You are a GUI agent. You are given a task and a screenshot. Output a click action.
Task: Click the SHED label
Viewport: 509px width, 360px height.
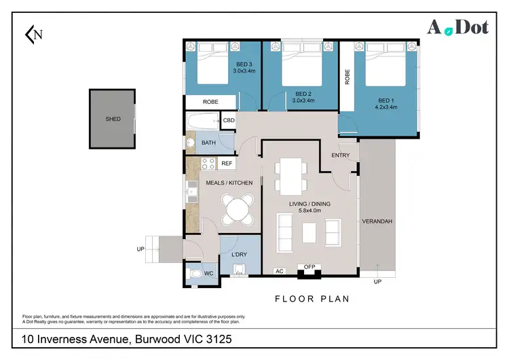(x=113, y=119)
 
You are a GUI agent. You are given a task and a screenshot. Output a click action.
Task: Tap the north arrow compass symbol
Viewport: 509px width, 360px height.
(x=33, y=34)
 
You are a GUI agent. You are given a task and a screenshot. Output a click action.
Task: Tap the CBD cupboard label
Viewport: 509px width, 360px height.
(x=229, y=121)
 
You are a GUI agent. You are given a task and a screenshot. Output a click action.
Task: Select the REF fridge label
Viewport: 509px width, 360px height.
(x=227, y=164)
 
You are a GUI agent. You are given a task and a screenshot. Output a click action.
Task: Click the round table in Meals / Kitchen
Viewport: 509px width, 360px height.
(x=239, y=209)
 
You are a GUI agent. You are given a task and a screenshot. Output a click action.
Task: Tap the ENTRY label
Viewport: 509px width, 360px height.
(x=340, y=156)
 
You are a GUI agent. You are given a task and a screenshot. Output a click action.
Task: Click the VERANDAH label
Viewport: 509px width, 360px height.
(x=377, y=221)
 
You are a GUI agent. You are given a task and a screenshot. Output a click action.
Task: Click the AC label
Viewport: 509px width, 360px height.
(x=278, y=271)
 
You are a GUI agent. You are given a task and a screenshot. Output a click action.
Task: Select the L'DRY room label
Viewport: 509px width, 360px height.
(x=238, y=255)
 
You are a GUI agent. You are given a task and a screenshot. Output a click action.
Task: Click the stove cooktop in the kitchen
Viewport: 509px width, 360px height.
(x=208, y=164)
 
